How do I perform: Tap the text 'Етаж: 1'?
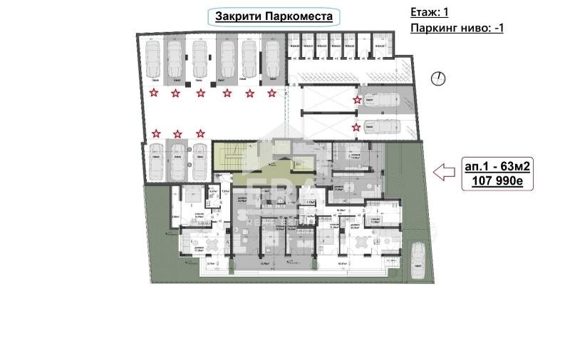[x=430, y=12]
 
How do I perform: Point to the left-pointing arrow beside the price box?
[x=445, y=171]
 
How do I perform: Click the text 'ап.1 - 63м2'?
[x=497, y=166]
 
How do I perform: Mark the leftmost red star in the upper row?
[x=153, y=93]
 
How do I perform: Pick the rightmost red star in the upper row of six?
[x=271, y=93]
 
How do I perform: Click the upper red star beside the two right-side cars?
[x=357, y=101]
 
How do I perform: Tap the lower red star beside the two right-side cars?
[x=357, y=128]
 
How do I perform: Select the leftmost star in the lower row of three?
[x=156, y=133]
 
